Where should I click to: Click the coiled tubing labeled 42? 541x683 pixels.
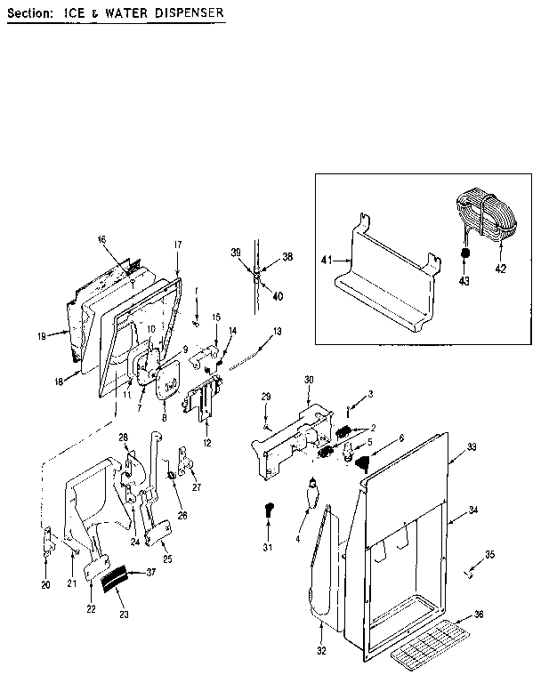pos(485,218)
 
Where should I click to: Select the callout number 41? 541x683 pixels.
pos(326,259)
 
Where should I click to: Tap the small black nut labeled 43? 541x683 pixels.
pos(464,253)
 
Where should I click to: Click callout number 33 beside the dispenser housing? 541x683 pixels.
pos(472,446)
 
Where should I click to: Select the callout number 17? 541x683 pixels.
pos(177,245)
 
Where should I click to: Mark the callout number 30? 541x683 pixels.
pos(309,380)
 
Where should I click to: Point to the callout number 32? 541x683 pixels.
pos(321,651)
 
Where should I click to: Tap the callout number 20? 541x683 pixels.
pos(45,584)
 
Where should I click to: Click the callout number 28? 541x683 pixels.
pos(124,436)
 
